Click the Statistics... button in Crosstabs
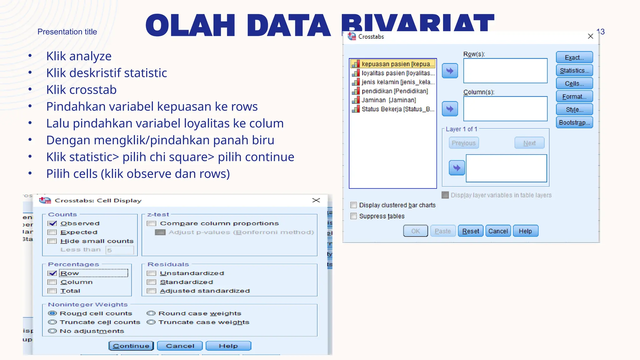(x=574, y=71)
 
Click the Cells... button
(x=574, y=84)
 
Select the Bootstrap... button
(x=574, y=122)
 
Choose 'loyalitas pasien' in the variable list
(x=397, y=73)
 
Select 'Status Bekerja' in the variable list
(x=397, y=109)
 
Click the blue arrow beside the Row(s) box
(x=450, y=71)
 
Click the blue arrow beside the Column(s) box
(x=450, y=109)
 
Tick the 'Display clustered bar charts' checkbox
(x=354, y=205)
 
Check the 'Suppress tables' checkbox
(x=354, y=216)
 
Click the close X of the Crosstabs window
(x=590, y=36)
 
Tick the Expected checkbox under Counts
(x=52, y=232)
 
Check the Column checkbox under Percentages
(x=52, y=282)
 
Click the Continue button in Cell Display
(x=131, y=346)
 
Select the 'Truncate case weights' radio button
(x=151, y=322)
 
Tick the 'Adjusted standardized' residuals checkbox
(x=152, y=291)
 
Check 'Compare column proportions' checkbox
(x=152, y=223)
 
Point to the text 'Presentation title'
(x=67, y=32)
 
